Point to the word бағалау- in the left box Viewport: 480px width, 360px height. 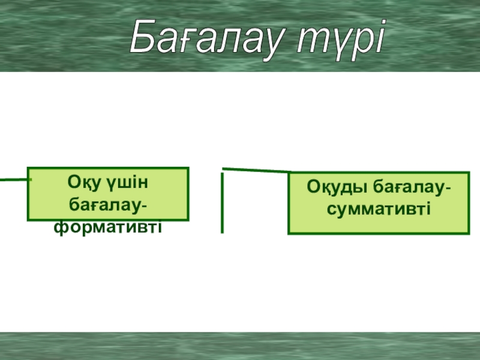[108, 205]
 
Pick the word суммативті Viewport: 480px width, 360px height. [379, 209]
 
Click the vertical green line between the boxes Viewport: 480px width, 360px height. [222, 203]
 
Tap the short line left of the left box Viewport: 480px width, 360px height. [16, 179]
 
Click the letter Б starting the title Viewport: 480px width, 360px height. [143, 37]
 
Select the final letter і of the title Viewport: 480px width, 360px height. [380, 37]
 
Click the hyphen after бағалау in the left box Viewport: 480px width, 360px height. [145, 206]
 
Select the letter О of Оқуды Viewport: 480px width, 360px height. [313, 187]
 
